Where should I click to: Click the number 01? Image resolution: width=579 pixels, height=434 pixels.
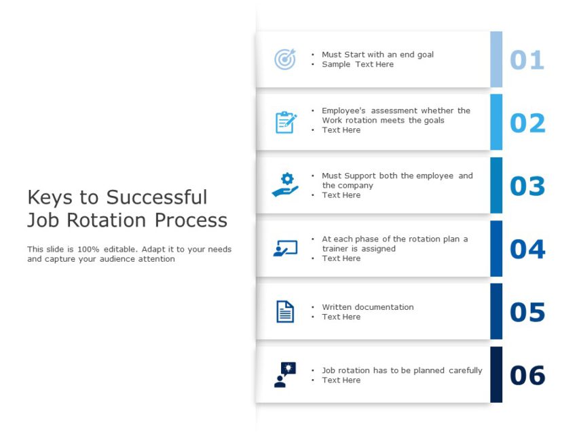[x=527, y=60]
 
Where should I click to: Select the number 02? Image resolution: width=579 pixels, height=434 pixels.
[x=527, y=123]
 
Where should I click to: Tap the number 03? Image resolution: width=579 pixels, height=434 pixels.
[x=527, y=186]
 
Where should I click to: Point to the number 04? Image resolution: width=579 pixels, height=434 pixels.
[x=527, y=249]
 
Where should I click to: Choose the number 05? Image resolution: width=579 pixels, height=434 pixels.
[x=527, y=312]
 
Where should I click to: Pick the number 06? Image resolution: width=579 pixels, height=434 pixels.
[x=527, y=375]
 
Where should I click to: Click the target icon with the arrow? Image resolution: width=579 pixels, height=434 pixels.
[x=285, y=59]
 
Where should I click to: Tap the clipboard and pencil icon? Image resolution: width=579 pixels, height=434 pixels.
[x=286, y=122]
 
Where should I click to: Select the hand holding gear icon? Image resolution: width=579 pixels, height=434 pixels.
[x=285, y=185]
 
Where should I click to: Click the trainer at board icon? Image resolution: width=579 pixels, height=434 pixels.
[x=285, y=248]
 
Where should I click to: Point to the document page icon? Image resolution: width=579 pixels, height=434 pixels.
[x=285, y=312]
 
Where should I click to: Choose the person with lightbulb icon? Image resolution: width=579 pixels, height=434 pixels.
[x=285, y=374]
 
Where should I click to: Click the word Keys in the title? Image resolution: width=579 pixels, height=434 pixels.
[x=50, y=197]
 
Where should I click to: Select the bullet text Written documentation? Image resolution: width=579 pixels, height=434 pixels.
[x=367, y=307]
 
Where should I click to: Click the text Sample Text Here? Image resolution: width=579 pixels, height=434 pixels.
[x=358, y=64]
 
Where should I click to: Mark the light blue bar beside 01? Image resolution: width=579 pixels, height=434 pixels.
[x=496, y=60]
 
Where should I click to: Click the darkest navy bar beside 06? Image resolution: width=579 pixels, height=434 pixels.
[x=496, y=375]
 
